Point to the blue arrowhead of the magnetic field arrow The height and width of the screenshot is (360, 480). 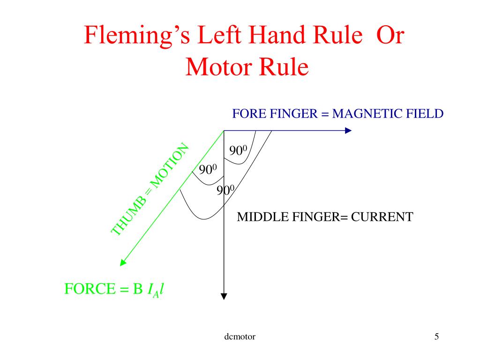pyautogui.click(x=348, y=130)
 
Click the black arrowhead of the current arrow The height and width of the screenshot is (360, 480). pyautogui.click(x=224, y=296)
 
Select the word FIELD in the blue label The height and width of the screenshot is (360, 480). pyautogui.click(x=424, y=113)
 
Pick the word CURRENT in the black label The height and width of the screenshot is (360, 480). pyautogui.click(x=382, y=217)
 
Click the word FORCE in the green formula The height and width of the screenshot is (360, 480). pyautogui.click(x=88, y=289)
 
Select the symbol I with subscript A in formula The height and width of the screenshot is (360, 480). pyautogui.click(x=152, y=291)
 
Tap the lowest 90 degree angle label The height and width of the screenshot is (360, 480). pyautogui.click(x=225, y=190)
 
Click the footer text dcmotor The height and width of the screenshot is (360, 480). pyautogui.click(x=240, y=337)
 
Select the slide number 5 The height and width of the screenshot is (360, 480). pyautogui.click(x=436, y=336)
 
